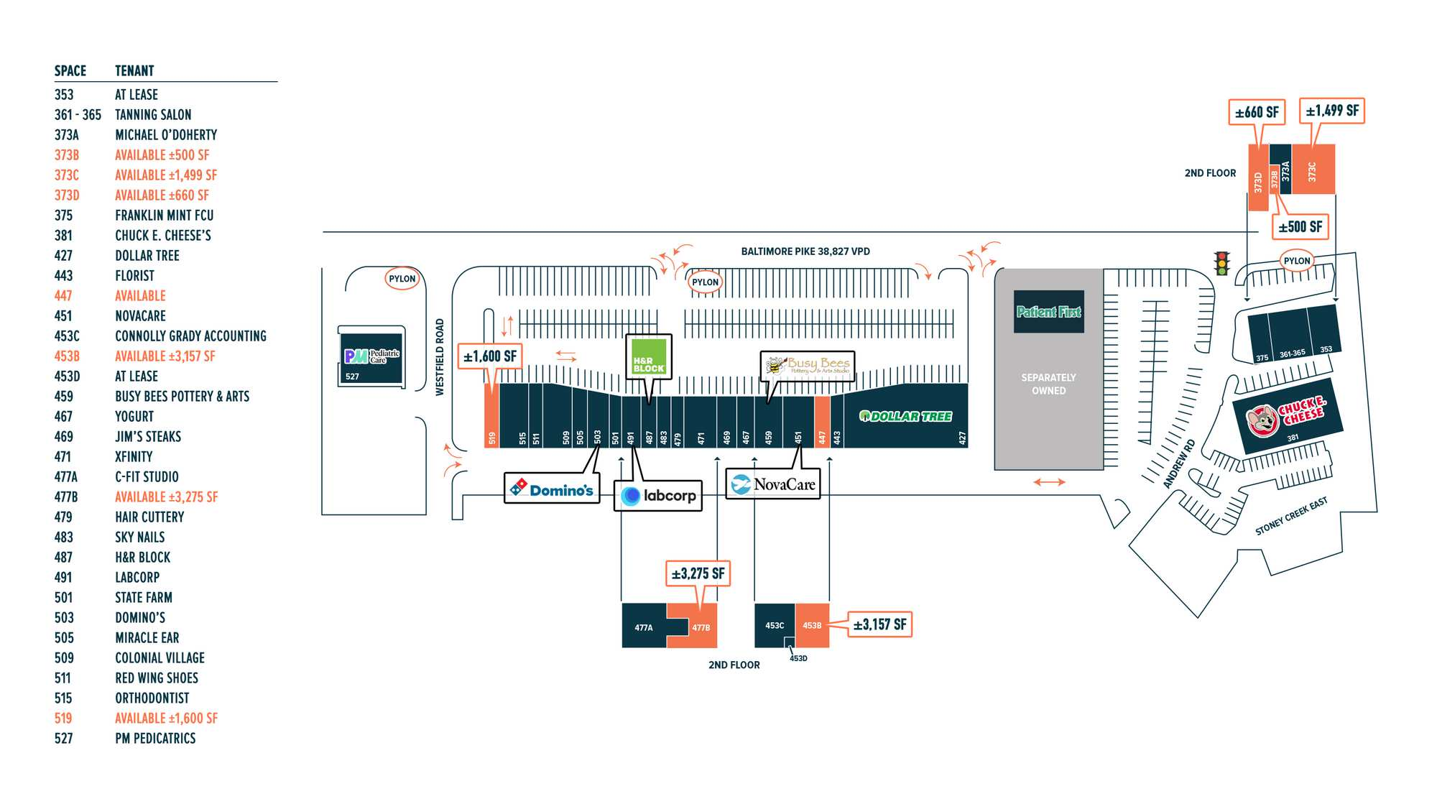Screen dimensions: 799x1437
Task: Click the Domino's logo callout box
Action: [552, 489]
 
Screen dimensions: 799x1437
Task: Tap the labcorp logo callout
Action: [658, 495]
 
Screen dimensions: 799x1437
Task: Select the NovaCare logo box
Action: [773, 484]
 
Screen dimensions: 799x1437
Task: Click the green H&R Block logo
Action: [649, 356]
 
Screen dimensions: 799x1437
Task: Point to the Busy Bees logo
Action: [808, 365]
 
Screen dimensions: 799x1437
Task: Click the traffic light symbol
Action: [1221, 263]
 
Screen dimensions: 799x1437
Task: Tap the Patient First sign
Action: [1048, 312]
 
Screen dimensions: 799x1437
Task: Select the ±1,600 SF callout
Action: [489, 356]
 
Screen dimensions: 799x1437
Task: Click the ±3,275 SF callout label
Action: [698, 573]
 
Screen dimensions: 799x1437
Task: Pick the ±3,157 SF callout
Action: [879, 624]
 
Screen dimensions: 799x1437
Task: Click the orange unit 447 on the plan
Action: [822, 422]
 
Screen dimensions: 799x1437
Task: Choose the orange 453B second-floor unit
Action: [813, 625]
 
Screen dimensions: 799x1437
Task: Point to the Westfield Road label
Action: [440, 357]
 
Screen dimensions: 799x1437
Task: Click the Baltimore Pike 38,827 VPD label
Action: [805, 251]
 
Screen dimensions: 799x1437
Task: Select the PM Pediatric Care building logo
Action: [371, 356]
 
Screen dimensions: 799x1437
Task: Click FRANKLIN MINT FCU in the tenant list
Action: [164, 216]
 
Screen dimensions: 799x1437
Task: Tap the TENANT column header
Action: [134, 70]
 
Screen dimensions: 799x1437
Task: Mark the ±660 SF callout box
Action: [1257, 112]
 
